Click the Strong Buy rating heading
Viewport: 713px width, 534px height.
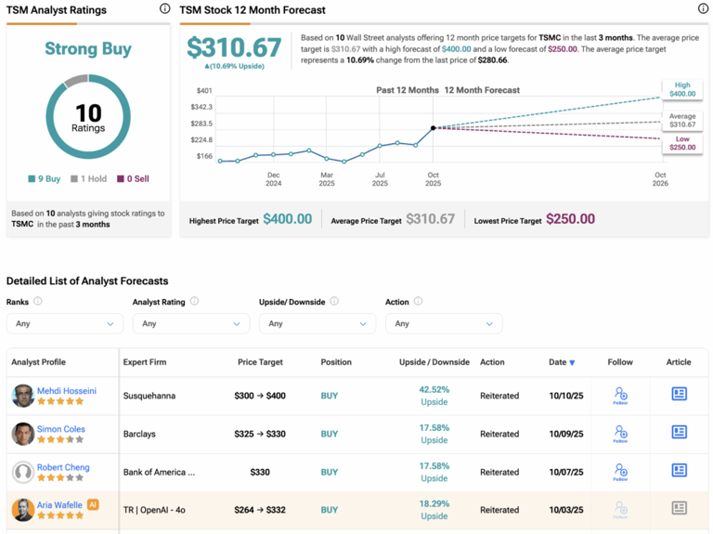point(88,49)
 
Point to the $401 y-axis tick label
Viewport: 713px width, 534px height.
point(204,91)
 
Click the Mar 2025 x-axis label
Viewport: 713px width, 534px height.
point(327,179)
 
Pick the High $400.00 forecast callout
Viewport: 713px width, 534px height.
point(681,89)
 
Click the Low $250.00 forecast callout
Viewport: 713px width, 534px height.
point(681,143)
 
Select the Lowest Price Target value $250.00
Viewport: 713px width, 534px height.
point(570,219)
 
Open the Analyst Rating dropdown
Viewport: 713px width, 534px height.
point(190,323)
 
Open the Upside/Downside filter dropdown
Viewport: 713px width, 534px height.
point(317,323)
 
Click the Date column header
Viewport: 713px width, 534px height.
point(561,362)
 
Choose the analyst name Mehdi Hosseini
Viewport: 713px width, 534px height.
point(66,391)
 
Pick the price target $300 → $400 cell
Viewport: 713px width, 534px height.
point(260,396)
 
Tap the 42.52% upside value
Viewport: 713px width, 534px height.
point(434,390)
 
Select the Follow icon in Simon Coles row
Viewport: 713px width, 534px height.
point(620,434)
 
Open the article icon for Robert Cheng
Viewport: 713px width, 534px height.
point(679,470)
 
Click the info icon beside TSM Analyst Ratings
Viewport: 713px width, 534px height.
point(164,9)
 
